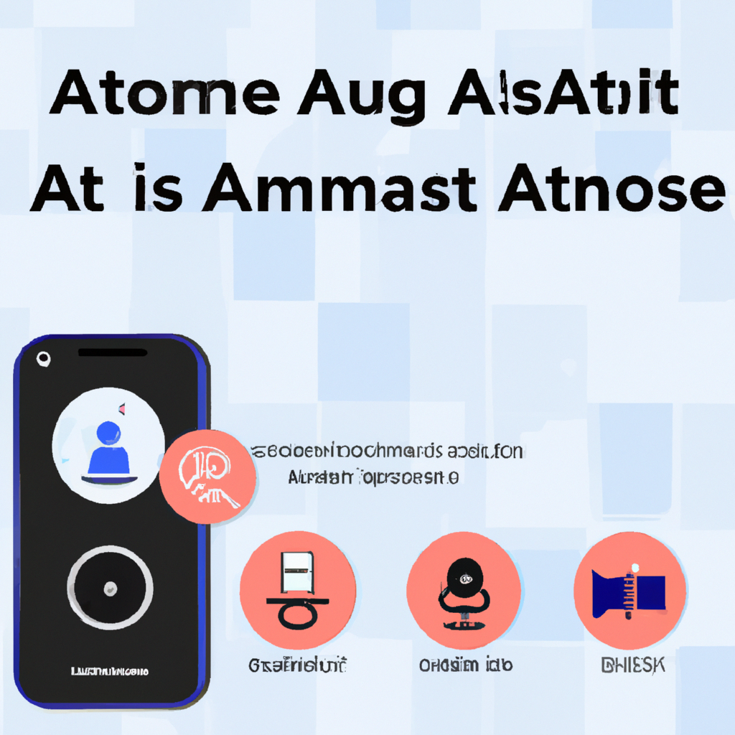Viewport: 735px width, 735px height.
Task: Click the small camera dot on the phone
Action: tap(43, 358)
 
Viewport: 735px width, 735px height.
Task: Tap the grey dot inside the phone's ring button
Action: tap(110, 589)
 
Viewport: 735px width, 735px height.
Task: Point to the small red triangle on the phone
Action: tap(123, 409)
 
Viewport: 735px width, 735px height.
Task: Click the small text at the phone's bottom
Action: tap(110, 672)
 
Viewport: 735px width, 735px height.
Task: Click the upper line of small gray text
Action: tap(388, 451)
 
